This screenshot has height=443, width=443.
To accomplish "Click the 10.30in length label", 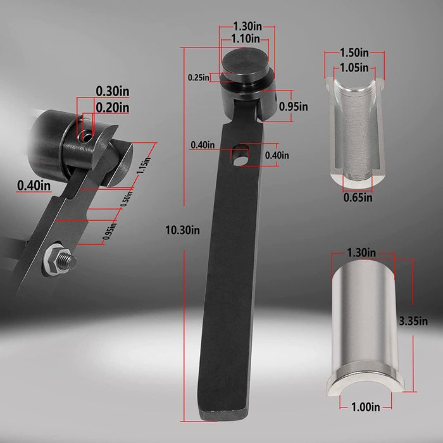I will [182, 230].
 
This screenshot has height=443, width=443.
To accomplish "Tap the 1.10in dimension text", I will [246, 39].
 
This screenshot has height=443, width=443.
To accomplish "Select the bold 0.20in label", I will [113, 108].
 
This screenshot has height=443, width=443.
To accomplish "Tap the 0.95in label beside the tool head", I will [294, 106].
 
